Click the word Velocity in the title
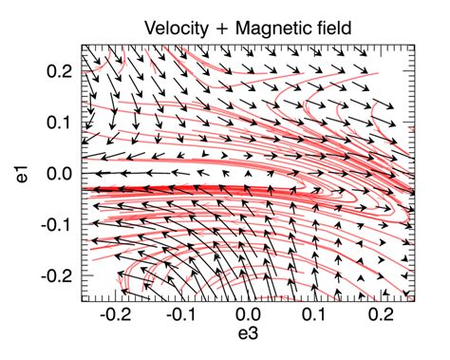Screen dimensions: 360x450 (x=178, y=28)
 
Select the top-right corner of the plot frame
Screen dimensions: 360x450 (x=415, y=45)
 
